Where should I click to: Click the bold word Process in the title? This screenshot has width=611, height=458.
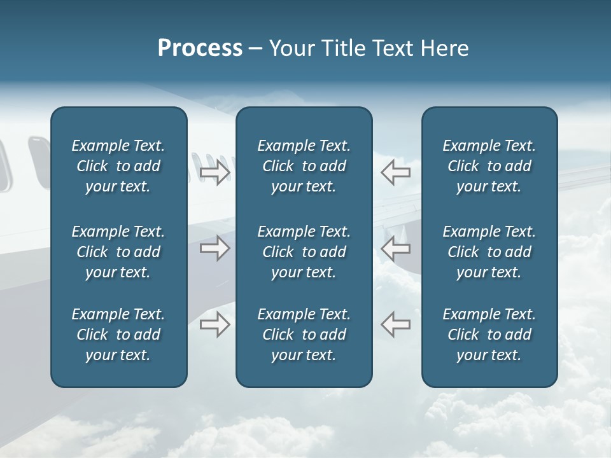[x=200, y=48]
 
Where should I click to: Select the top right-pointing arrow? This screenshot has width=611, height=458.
[x=214, y=172]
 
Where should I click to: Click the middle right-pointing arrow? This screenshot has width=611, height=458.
[x=214, y=248]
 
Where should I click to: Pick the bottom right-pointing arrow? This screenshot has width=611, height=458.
[x=214, y=324]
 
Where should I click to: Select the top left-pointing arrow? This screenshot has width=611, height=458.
[x=396, y=172]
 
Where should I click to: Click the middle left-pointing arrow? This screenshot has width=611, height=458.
[x=396, y=248]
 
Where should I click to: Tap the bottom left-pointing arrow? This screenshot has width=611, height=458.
[x=396, y=324]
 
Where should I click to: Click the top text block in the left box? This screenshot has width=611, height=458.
[x=118, y=166]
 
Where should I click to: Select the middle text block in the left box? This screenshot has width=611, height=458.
[x=118, y=252]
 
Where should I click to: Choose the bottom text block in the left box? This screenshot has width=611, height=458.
[x=118, y=335]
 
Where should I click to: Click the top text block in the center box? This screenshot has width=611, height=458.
[x=304, y=166]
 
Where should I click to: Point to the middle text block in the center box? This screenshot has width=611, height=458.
[x=304, y=252]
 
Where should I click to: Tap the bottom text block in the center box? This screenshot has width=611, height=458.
[x=304, y=335]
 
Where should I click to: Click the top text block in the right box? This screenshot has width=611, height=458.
[x=489, y=166]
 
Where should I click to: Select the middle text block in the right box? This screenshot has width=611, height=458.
[x=489, y=252]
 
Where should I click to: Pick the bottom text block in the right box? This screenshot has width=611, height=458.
[x=489, y=335]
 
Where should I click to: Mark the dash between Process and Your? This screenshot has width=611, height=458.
[x=255, y=50]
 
